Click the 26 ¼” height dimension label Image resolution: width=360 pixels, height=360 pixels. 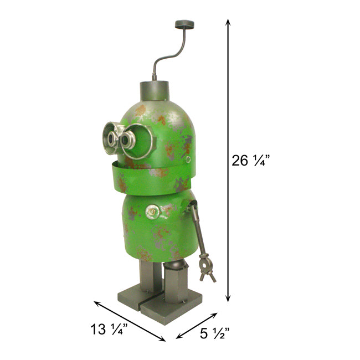pos(250,160)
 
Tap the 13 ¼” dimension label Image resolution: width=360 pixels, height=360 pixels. pos(109,329)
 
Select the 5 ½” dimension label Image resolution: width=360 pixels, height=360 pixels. pos(214,333)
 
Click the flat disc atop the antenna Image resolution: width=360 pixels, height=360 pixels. pos(184,24)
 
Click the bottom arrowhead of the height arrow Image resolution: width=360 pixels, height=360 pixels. pos(228,299)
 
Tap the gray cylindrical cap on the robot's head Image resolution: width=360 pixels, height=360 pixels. pos(155,90)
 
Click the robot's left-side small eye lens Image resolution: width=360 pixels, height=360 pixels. pos(112,139)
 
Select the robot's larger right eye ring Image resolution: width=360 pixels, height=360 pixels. pos(138,141)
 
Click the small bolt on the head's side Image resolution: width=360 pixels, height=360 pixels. pos(188,160)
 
